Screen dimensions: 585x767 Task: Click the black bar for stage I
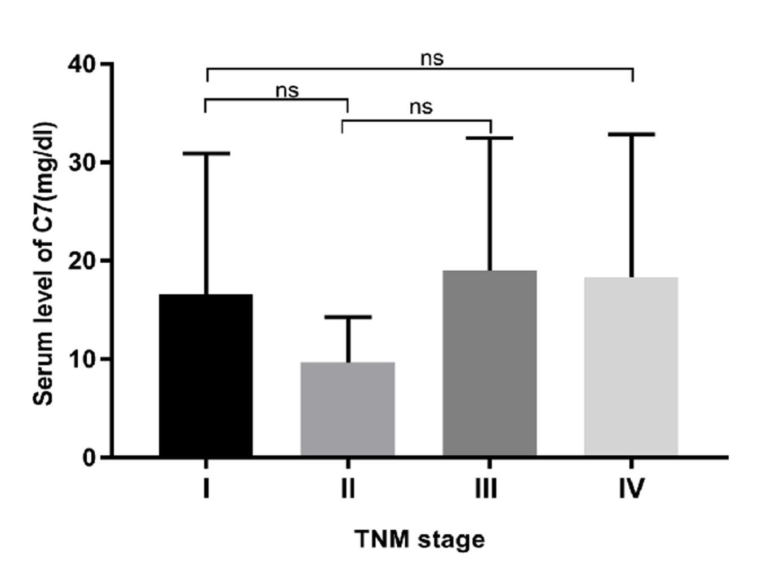click(x=206, y=375)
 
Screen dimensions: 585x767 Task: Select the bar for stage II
click(x=348, y=409)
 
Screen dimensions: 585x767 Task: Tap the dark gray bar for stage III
click(x=489, y=364)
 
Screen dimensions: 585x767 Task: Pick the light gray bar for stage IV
click(x=631, y=366)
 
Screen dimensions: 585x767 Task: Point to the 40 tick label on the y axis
click(x=82, y=64)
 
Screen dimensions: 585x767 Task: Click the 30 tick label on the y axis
click(x=82, y=162)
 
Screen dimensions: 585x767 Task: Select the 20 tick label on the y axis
click(x=82, y=260)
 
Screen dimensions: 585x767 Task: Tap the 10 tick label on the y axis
click(x=82, y=359)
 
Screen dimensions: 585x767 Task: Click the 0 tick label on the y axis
click(x=89, y=457)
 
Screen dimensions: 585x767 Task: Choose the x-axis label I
click(x=206, y=489)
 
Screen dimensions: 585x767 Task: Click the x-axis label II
click(x=348, y=489)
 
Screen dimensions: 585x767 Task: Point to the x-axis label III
click(x=486, y=489)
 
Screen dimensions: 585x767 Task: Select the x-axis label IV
click(x=631, y=489)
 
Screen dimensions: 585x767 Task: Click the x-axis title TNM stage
click(x=420, y=539)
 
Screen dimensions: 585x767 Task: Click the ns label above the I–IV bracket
click(x=432, y=57)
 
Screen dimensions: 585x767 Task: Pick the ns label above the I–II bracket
click(x=287, y=90)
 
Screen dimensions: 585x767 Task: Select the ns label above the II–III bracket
click(x=421, y=107)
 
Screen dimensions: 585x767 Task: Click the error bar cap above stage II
click(x=348, y=317)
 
